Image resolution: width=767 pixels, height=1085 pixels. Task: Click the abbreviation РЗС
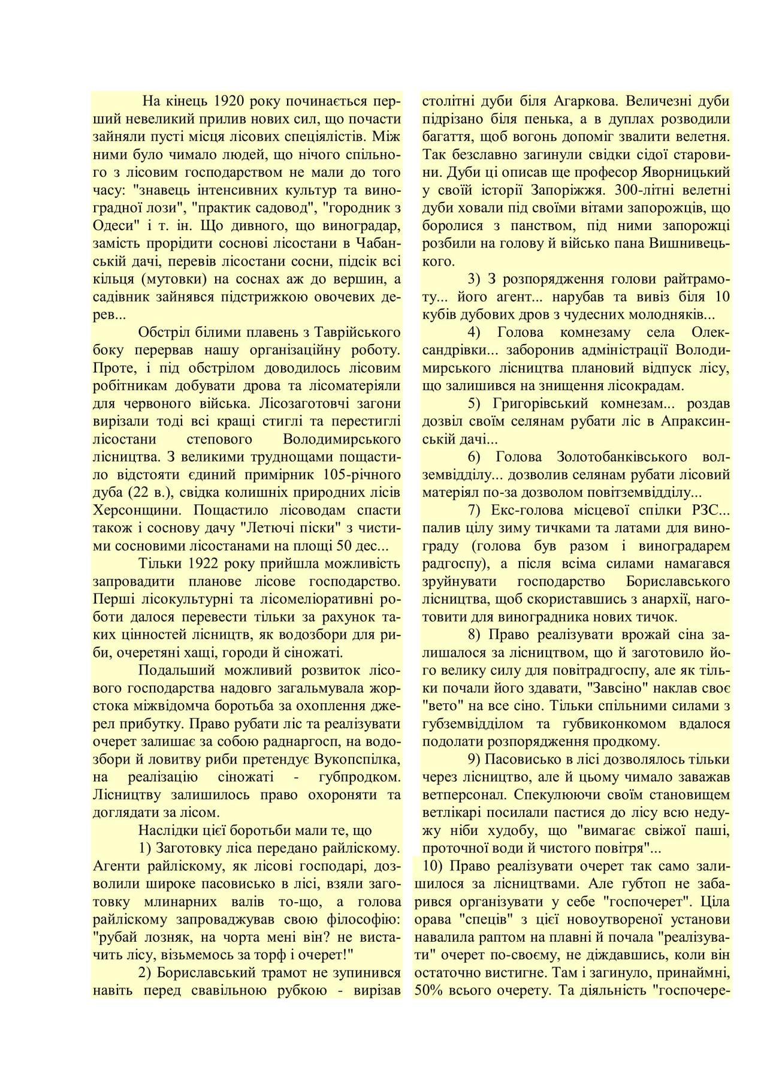(x=707, y=511)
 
